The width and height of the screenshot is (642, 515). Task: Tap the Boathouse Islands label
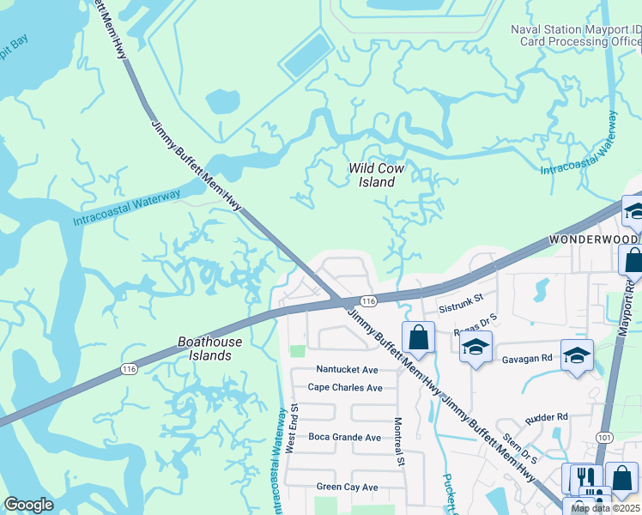point(204,348)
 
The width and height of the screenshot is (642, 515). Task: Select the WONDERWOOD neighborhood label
point(593,239)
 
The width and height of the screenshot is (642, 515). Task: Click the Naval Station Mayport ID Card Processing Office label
point(575,34)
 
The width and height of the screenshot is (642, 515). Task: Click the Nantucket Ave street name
point(347,369)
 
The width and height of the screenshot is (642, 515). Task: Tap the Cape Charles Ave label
point(345,387)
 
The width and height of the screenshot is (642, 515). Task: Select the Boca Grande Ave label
point(344,437)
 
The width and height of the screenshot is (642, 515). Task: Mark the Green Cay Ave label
point(348,487)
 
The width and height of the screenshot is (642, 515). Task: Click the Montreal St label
point(398,442)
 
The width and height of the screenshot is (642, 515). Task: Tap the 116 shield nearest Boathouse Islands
point(129,369)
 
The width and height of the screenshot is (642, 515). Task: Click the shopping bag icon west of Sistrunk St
point(418,337)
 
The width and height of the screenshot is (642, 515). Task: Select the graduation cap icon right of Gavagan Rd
point(577,354)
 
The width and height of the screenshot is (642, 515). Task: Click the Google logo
point(28,505)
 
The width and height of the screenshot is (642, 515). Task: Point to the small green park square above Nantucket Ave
point(297,351)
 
